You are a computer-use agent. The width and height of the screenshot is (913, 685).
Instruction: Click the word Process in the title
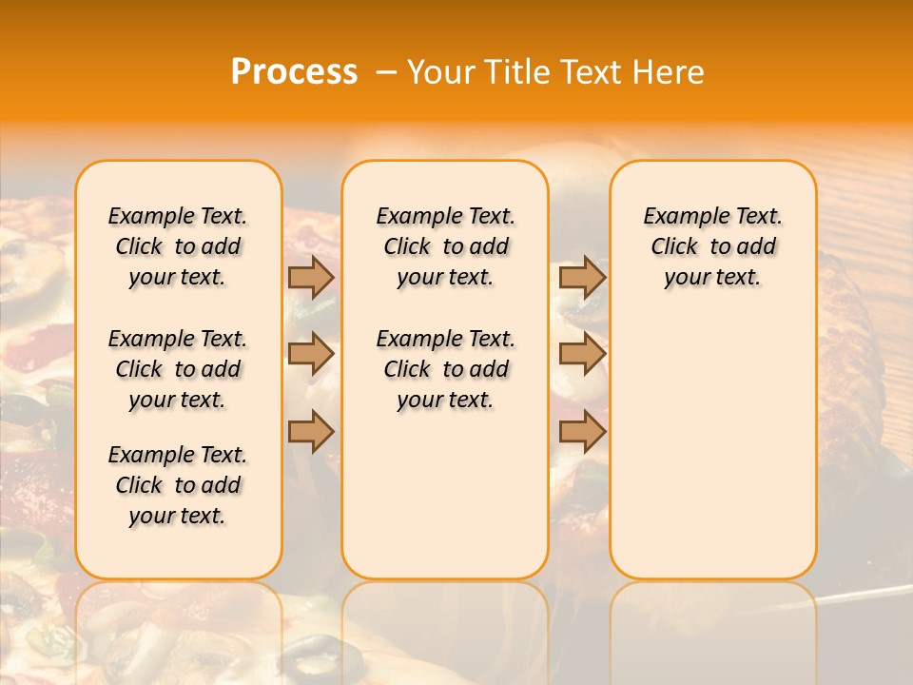click(x=294, y=72)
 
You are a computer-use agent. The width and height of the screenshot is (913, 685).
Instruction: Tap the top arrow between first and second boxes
click(x=311, y=277)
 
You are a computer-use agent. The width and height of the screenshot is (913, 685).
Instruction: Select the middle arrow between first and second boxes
click(x=311, y=355)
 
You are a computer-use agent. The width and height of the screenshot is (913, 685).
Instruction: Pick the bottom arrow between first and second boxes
click(x=311, y=432)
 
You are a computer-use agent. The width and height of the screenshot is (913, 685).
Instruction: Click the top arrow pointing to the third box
click(x=582, y=277)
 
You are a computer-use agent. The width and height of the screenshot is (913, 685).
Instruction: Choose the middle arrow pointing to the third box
click(x=582, y=355)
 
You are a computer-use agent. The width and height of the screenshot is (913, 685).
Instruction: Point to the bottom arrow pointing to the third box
click(x=582, y=432)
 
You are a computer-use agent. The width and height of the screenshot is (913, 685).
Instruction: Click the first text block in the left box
click(x=178, y=246)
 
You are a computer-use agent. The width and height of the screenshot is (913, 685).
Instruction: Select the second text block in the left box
click(x=178, y=369)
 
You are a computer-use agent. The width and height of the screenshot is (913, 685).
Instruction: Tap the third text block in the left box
click(x=178, y=485)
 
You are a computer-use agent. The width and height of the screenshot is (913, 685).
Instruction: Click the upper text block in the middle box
click(x=445, y=246)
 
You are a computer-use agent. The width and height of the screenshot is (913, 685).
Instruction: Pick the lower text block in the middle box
click(x=445, y=369)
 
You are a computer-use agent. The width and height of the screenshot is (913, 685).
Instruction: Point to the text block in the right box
click(x=712, y=246)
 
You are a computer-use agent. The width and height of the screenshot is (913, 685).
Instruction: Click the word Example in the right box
click(x=682, y=217)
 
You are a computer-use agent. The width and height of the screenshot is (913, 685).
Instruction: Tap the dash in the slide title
click(x=386, y=72)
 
